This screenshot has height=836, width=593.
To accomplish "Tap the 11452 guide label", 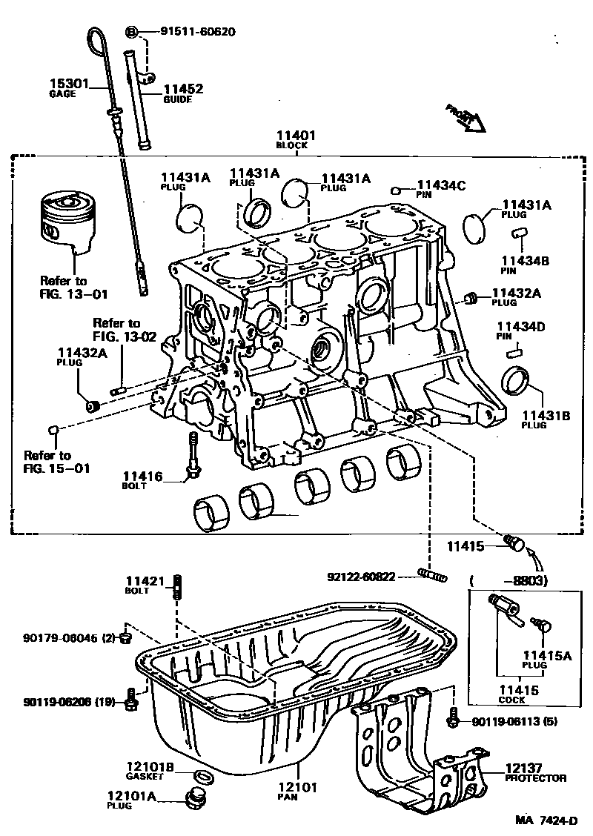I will pos(182,89).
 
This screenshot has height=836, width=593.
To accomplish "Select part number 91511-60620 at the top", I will pos(198,32).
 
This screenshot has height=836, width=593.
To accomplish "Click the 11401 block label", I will pos(296,136).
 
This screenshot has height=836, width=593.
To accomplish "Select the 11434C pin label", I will pos(441,185).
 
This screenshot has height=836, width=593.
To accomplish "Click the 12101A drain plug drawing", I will pos(196,800).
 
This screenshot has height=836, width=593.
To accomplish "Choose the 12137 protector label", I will pos(525,769).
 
